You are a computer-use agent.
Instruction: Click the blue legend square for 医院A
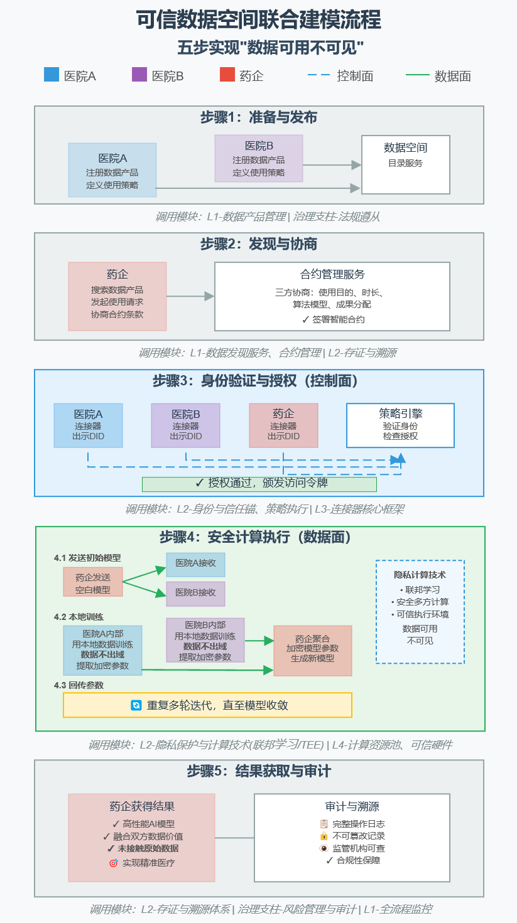tap(52, 75)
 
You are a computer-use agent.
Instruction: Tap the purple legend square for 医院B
tap(139, 75)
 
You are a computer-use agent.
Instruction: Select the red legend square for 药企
tap(227, 75)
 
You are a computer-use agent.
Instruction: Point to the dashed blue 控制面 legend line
tap(318, 75)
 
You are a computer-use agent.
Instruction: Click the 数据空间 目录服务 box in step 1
tap(406, 164)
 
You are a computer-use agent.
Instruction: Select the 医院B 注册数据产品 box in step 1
tap(259, 158)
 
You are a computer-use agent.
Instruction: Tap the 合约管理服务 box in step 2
tap(332, 296)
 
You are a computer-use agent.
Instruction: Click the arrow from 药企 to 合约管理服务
tap(190, 296)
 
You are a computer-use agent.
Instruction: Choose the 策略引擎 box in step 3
tap(400, 425)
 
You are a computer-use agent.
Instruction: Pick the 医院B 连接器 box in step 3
tap(186, 425)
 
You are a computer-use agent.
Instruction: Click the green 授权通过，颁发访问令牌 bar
tap(259, 484)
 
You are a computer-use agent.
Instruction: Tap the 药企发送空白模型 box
tap(93, 582)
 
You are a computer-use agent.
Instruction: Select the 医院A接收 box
tap(195, 565)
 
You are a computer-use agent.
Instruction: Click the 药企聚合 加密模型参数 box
tap(313, 651)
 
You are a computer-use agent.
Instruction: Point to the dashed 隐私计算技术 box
tap(420, 612)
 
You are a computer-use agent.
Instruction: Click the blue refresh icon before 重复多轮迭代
tap(136, 705)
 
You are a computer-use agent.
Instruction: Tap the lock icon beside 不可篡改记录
tap(324, 836)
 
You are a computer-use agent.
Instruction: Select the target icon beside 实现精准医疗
tap(114, 862)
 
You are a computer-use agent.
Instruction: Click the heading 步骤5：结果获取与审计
tap(259, 771)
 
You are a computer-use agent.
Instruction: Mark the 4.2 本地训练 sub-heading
tap(79, 617)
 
